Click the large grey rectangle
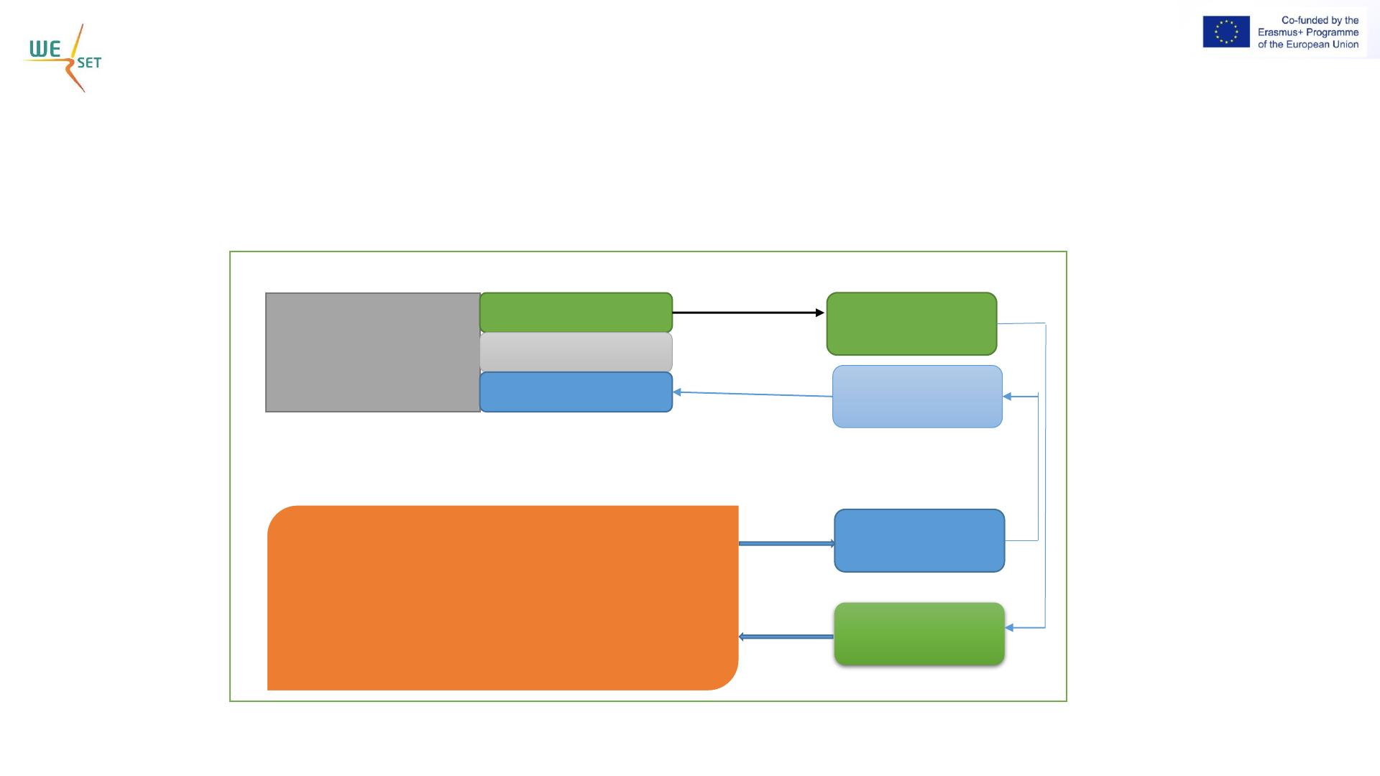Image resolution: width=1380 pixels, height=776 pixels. point(373,352)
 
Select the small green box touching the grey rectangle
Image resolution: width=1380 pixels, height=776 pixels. point(576,313)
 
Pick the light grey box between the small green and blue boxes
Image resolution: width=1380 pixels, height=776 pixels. point(576,352)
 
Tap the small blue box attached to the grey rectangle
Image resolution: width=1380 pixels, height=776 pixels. point(576,392)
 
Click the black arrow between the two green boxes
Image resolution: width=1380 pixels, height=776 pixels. point(748,313)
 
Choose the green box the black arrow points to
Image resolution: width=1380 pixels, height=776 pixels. point(911,323)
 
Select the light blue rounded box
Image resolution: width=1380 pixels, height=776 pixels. point(917,397)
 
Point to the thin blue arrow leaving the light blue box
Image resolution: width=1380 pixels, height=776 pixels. point(753,394)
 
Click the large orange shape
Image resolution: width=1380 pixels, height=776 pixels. point(502,598)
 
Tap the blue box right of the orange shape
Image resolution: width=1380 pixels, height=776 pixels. point(919,540)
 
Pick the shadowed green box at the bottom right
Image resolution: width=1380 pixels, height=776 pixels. point(919,634)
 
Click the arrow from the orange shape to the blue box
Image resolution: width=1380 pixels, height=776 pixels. point(787,543)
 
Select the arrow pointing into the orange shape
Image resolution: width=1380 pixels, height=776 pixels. point(786,637)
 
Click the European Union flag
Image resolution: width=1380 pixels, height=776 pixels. point(1226,32)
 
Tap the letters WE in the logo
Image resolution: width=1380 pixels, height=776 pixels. point(45,49)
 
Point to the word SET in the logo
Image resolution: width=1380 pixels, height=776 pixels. point(89,63)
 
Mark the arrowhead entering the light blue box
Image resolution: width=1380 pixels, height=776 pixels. point(1007,396)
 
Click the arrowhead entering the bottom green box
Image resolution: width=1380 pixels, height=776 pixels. point(1009,627)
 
